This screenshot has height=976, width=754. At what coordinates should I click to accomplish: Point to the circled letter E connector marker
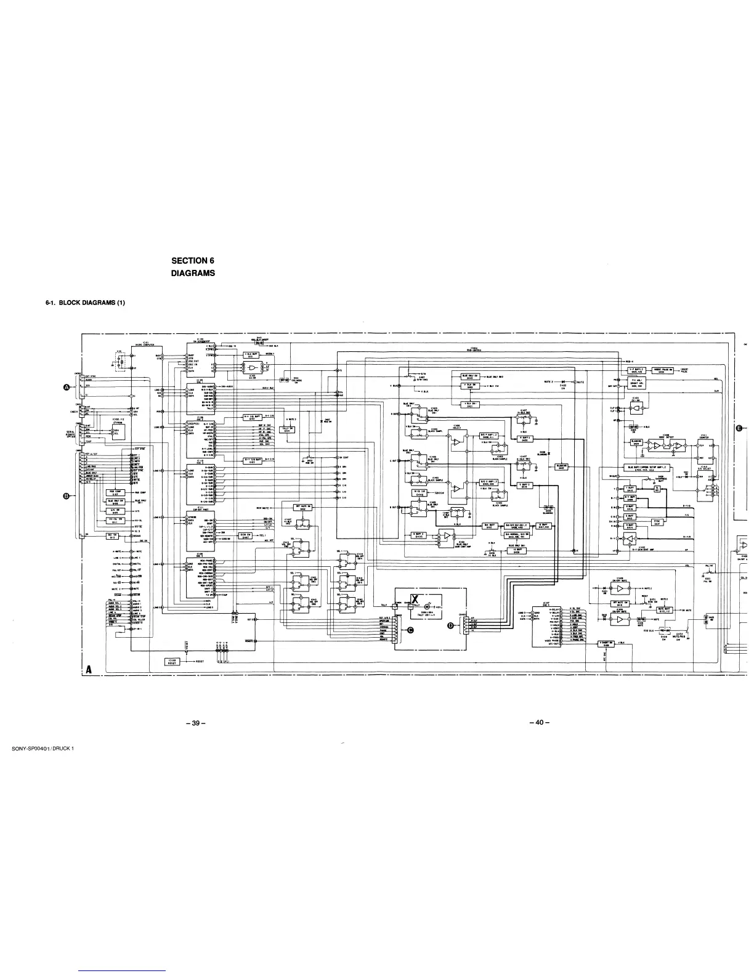(x=739, y=429)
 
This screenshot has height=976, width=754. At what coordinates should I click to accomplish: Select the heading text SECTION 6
(x=192, y=261)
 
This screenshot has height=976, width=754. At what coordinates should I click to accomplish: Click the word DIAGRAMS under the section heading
(x=193, y=273)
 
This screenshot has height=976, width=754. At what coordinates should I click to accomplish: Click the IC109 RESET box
(x=172, y=662)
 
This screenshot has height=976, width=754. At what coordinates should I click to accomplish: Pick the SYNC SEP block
(x=659, y=522)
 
